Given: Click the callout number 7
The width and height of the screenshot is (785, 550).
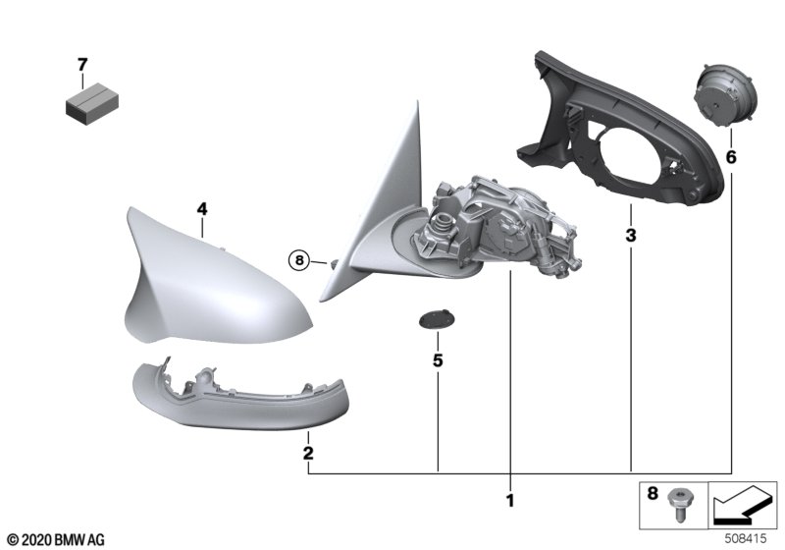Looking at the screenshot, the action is pos(82,65).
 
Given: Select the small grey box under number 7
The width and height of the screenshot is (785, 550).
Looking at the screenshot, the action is pos(92,104).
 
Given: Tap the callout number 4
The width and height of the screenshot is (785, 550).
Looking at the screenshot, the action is pos(202,209).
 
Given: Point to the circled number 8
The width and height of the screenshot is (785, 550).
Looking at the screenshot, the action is pos(299,260).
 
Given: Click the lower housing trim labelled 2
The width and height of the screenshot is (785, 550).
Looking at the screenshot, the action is pos(239,396).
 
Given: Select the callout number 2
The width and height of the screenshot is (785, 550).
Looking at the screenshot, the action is pos(308,453).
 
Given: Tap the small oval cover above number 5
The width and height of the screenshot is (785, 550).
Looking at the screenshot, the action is pos(437,318).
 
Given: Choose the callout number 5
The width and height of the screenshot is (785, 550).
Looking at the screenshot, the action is pos(438,360).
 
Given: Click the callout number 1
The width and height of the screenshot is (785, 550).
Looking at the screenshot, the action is pos(510,500).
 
